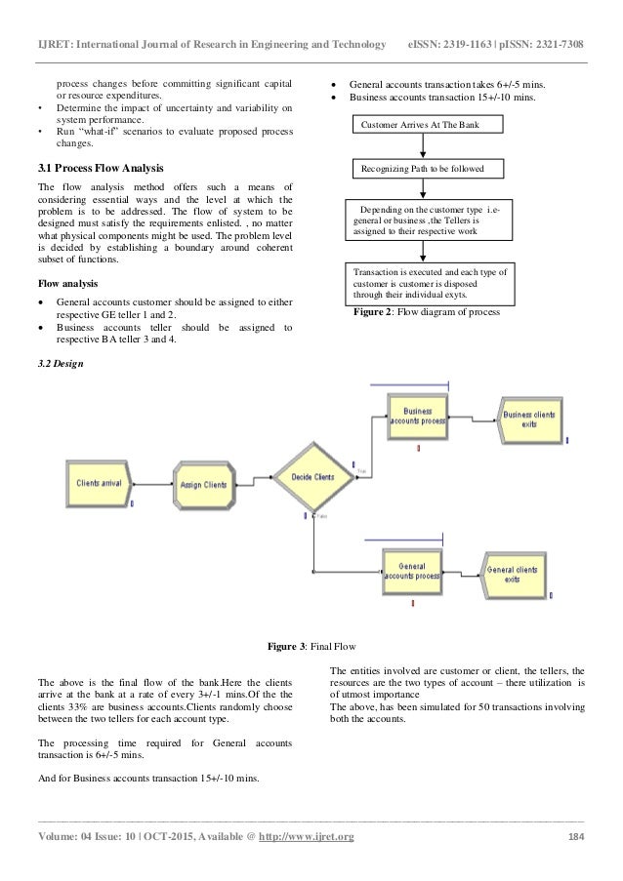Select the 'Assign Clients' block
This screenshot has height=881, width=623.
click(203, 485)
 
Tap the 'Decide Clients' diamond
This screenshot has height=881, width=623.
click(312, 477)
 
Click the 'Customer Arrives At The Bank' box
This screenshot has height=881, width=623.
click(426, 125)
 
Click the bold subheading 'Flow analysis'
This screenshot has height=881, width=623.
click(66, 283)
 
